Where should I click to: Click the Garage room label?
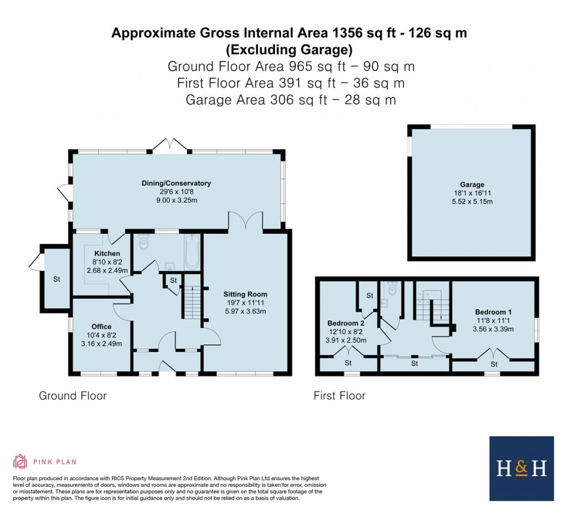click(x=472, y=184)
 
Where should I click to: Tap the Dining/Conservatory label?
click(x=177, y=183)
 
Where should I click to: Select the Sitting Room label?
click(x=245, y=294)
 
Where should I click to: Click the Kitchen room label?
click(x=107, y=253)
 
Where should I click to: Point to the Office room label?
click(x=101, y=326)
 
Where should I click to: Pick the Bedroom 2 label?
click(x=346, y=323)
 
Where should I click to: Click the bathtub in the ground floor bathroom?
click(x=192, y=252)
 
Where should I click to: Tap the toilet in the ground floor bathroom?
click(x=145, y=242)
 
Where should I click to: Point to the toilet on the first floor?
click(x=393, y=289)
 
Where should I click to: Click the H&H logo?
click(x=522, y=469)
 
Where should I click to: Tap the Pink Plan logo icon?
click(x=20, y=461)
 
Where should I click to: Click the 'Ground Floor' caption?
click(x=73, y=395)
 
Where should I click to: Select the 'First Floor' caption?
click(x=339, y=395)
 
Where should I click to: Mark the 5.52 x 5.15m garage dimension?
click(x=472, y=202)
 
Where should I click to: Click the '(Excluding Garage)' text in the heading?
click(x=289, y=50)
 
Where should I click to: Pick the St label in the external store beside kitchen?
click(x=56, y=280)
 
